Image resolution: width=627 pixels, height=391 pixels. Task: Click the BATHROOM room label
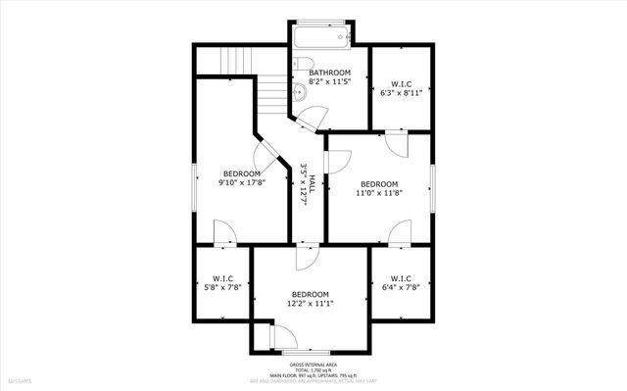point(330,73)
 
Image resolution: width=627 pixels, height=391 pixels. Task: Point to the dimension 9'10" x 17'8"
point(241,183)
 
